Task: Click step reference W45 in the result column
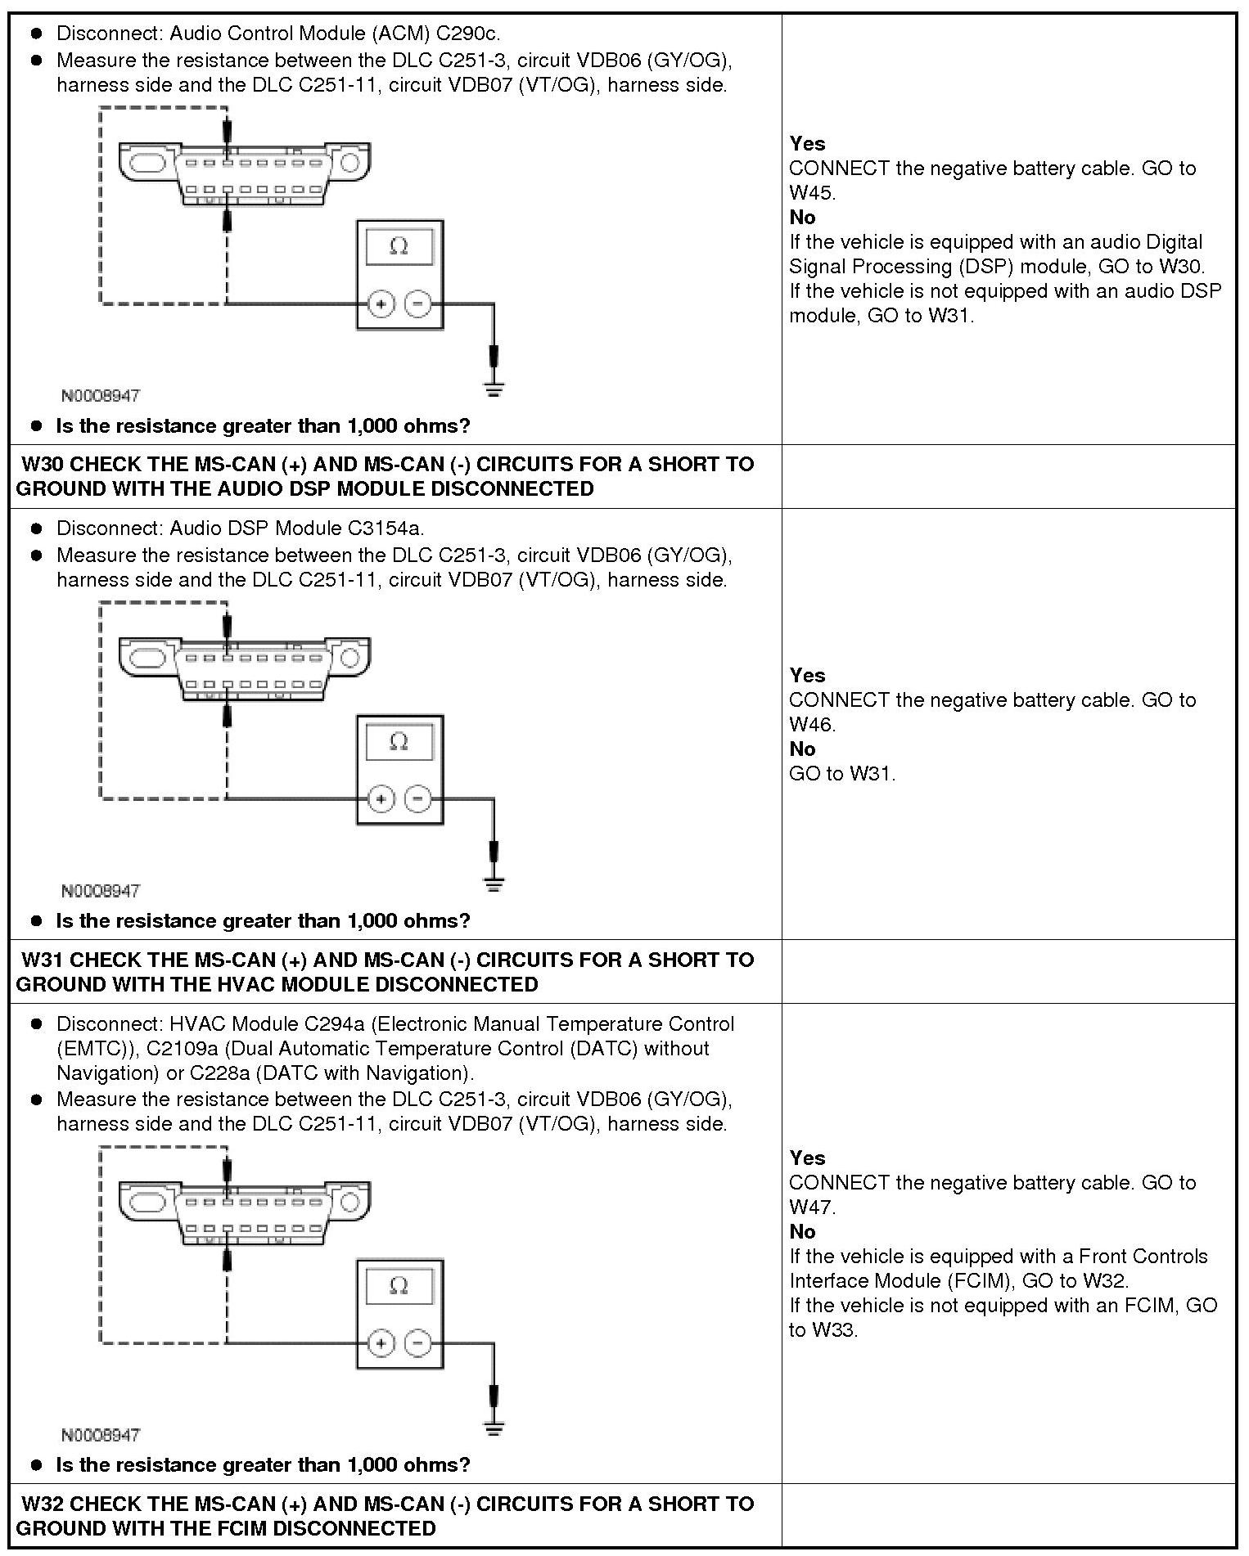[x=811, y=193]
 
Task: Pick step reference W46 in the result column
[x=811, y=725]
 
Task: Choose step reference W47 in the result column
[x=811, y=1207]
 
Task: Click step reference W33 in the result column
[x=834, y=1330]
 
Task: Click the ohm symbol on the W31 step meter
[x=399, y=1286]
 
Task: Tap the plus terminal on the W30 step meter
[x=381, y=798]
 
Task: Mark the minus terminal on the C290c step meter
[x=418, y=304]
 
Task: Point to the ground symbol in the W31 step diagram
[x=494, y=1428]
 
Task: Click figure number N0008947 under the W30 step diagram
[x=101, y=891]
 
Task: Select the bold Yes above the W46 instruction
[x=807, y=676]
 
